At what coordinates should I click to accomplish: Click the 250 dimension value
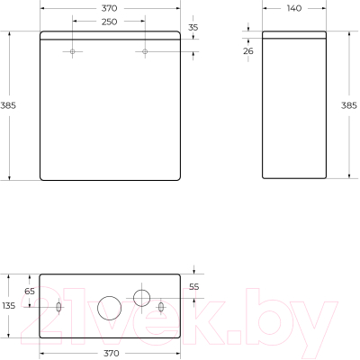[109, 22]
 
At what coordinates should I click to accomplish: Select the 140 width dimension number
[293, 8]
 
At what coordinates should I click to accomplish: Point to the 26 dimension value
[249, 51]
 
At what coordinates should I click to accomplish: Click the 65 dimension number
[29, 292]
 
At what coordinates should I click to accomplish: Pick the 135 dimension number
[9, 307]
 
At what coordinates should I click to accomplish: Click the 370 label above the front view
[109, 8]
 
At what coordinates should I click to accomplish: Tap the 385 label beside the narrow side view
[350, 104]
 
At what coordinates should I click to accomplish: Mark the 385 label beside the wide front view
[9, 105]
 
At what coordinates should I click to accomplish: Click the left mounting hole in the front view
[73, 51]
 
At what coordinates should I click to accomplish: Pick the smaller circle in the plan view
[141, 296]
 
